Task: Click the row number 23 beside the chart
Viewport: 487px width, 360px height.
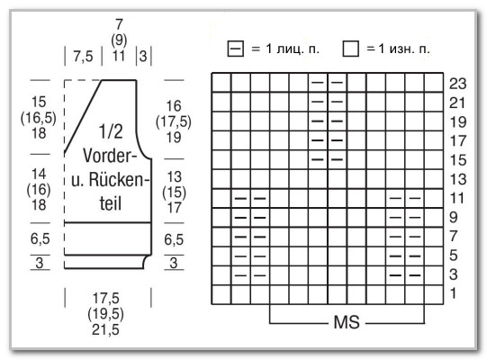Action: pyautogui.click(x=458, y=84)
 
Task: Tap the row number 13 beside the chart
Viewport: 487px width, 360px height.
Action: pyautogui.click(x=458, y=179)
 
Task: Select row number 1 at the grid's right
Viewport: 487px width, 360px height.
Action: pyautogui.click(x=454, y=293)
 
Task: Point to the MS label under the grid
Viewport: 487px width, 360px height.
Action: pyautogui.click(x=347, y=322)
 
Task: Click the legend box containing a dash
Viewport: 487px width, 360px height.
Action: pyautogui.click(x=236, y=49)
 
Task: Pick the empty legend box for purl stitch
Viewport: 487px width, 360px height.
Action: pyautogui.click(x=351, y=49)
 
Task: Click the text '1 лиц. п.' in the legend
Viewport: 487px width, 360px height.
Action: pyautogui.click(x=293, y=49)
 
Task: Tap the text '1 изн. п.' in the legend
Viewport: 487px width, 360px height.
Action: pyautogui.click(x=404, y=49)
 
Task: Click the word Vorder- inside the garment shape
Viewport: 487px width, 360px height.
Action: pyautogui.click(x=110, y=156)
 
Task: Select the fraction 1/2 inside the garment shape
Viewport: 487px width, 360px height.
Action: pyautogui.click(x=111, y=131)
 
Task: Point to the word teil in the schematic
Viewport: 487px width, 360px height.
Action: pyautogui.click(x=110, y=203)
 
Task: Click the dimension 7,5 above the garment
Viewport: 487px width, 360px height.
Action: pyautogui.click(x=83, y=57)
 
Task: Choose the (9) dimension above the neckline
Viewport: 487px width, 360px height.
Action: pyautogui.click(x=119, y=40)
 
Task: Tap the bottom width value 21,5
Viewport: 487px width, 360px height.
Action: pyautogui.click(x=105, y=330)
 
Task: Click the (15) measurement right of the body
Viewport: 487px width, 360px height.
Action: pyautogui.click(x=174, y=193)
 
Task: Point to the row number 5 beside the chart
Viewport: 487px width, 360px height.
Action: pyautogui.click(x=454, y=256)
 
